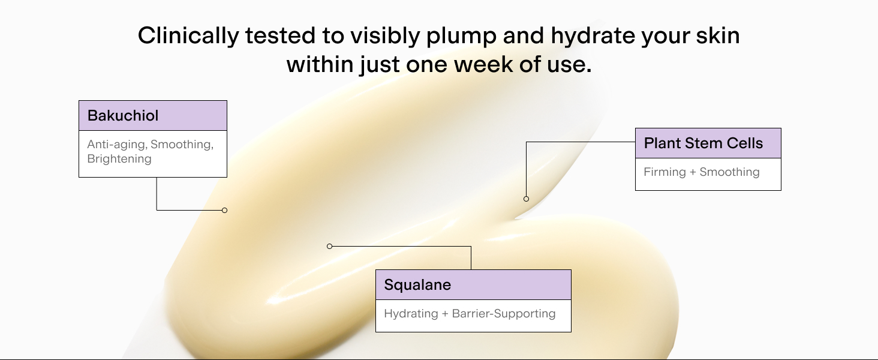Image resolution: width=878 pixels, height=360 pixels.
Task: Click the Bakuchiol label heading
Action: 123,116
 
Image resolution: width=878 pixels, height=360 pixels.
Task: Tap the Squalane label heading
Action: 417,285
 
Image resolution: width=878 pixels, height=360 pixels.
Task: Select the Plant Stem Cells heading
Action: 703,143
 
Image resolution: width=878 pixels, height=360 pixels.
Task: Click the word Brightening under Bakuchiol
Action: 119,159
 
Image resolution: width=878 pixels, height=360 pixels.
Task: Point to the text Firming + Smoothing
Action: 702,172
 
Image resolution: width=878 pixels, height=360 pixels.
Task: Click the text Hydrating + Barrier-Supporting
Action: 470,314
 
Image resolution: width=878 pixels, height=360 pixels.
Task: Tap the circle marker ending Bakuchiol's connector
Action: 224,211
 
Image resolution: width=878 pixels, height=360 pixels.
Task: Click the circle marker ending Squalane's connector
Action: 330,246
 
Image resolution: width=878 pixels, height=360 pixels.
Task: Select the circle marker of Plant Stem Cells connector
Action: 527,199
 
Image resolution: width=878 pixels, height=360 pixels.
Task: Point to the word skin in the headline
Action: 718,35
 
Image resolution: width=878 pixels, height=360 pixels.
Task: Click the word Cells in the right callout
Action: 745,143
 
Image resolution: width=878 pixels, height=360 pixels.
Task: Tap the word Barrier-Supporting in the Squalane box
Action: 504,314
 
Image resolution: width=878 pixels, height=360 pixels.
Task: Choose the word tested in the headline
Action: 280,35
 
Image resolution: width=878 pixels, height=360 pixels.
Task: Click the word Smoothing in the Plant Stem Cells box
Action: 729,172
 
